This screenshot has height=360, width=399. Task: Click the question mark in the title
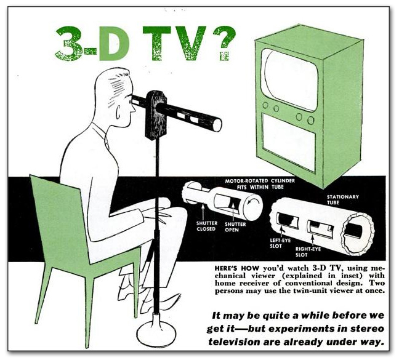[x=224, y=43]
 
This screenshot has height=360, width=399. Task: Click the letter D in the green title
[x=114, y=43]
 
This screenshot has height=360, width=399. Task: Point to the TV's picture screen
[x=290, y=79]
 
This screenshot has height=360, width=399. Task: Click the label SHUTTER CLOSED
[x=207, y=226]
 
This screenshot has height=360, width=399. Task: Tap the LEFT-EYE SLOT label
[x=280, y=243]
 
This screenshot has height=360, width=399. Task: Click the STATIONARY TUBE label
[x=342, y=200]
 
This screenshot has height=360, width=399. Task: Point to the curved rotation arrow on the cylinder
[x=256, y=204]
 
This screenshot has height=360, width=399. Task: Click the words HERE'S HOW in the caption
[x=237, y=268]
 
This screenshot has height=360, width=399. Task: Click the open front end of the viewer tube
[x=217, y=125]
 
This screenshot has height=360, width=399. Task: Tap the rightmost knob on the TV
[x=311, y=120]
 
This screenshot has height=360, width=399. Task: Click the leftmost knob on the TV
[x=265, y=105]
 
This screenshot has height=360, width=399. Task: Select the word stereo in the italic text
[x=368, y=329]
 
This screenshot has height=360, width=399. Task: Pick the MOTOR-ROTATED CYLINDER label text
[x=260, y=181]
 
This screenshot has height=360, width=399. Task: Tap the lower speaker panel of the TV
[x=289, y=142]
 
